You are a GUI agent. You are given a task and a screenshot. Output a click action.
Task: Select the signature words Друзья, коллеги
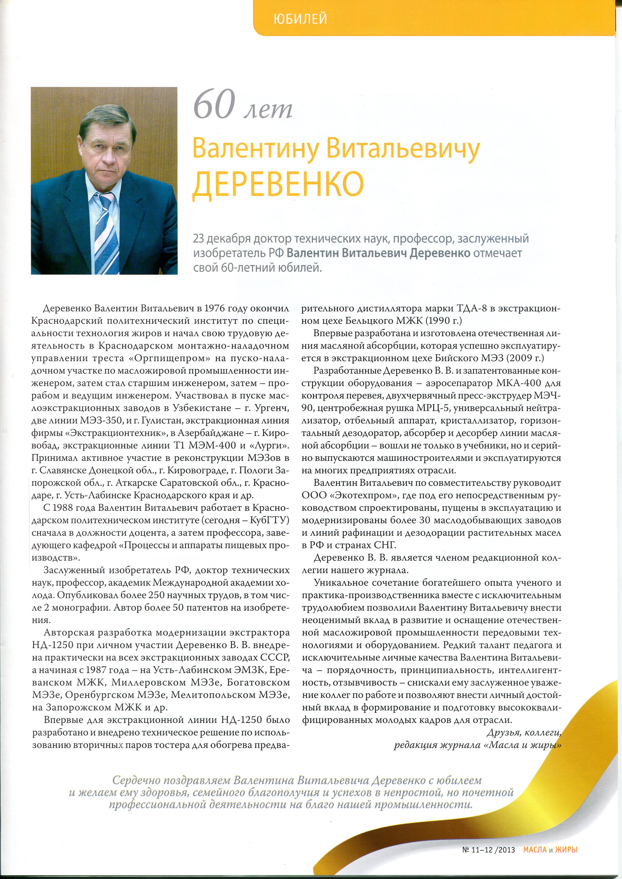pyautogui.click(x=523, y=733)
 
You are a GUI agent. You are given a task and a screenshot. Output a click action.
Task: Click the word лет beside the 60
pyautogui.click(x=268, y=109)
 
